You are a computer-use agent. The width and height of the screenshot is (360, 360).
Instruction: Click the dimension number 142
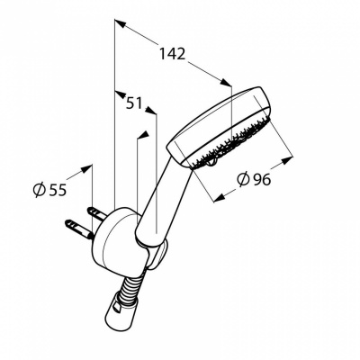tap(172, 54)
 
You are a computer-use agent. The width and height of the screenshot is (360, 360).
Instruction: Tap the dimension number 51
tap(134, 103)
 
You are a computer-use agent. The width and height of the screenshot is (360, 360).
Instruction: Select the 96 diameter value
tap(262, 179)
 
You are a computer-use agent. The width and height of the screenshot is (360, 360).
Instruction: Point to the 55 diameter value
tap(57, 190)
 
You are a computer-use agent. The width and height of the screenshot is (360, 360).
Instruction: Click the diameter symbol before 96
tap(243, 179)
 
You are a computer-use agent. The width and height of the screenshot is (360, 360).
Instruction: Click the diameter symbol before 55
tap(39, 190)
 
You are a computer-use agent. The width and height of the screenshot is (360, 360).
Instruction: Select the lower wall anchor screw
tap(78, 229)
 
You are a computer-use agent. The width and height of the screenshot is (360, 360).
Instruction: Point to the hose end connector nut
tap(121, 305)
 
